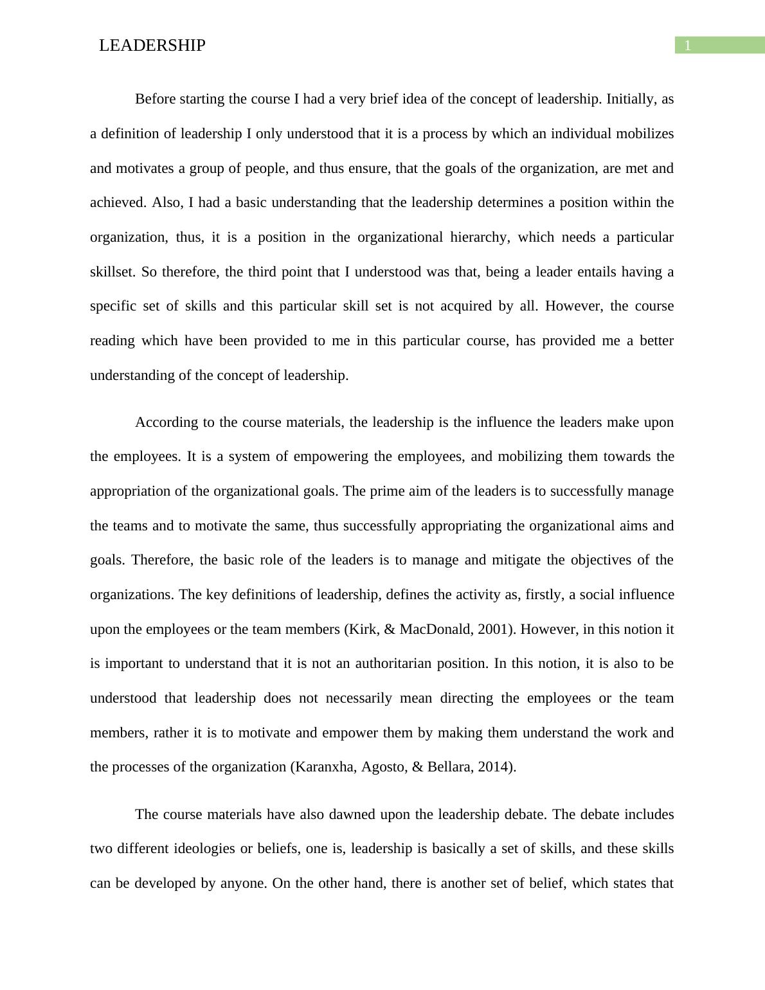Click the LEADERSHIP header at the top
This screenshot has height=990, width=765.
pyautogui.click(x=152, y=46)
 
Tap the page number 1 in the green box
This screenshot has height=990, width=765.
pyautogui.click(x=687, y=46)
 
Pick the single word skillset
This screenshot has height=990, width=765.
pyautogui.click(x=113, y=272)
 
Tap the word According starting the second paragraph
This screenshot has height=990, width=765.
pyautogui.click(x=166, y=422)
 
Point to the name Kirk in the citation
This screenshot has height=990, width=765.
pyautogui.click(x=361, y=629)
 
